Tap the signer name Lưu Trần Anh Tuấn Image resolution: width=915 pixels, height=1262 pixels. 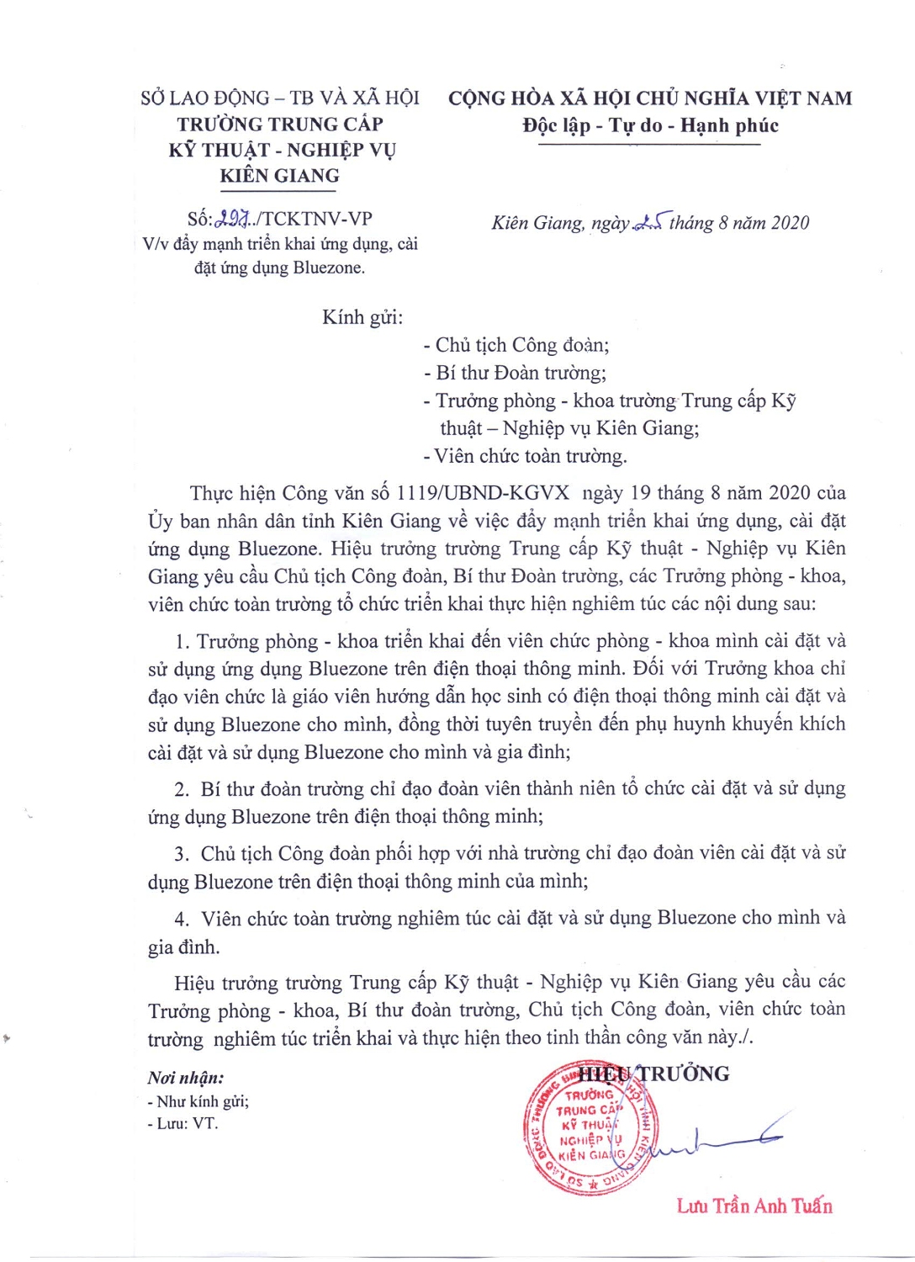pyautogui.click(x=754, y=1206)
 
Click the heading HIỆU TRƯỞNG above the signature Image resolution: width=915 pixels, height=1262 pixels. pyautogui.click(x=654, y=1074)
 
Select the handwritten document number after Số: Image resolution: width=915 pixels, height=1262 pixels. pyautogui.click(x=233, y=220)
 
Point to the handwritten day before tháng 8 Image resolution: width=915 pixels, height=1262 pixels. pyautogui.click(x=648, y=223)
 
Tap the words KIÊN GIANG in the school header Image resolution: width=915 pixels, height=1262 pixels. pyautogui.click(x=280, y=176)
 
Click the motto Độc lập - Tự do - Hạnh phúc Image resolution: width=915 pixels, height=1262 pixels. pyautogui.click(x=650, y=125)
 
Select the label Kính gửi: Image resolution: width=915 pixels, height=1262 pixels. pyautogui.click(x=362, y=317)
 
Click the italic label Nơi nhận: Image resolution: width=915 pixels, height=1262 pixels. pyautogui.click(x=186, y=1078)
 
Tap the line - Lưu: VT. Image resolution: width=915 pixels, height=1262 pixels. pyautogui.click(x=182, y=1123)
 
